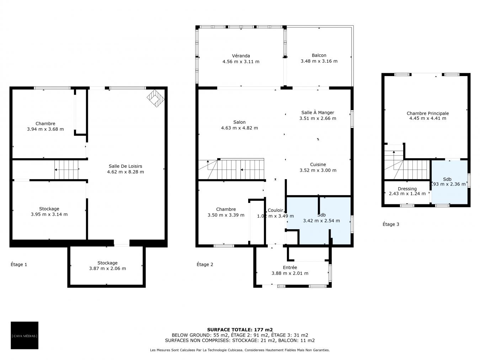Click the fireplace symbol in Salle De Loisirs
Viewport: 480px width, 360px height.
[155, 98]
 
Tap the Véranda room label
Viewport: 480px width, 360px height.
[241, 56]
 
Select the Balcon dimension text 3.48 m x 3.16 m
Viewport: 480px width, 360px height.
[319, 61]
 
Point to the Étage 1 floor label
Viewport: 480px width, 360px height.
[19, 264]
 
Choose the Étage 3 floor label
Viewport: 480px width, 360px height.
[391, 224]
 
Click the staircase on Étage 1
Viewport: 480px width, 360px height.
[66, 170]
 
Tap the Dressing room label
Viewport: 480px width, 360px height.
[407, 189]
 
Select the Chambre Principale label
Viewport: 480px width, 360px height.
[427, 113]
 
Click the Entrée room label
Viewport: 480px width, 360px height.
[290, 267]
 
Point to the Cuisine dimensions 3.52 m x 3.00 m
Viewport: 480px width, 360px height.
[318, 170]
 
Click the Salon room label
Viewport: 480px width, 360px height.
[239, 122]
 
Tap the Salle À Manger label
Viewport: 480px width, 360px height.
[318, 113]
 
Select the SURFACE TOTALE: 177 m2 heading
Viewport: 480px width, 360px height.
[240, 330]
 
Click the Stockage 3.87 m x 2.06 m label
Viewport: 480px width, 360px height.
[107, 265]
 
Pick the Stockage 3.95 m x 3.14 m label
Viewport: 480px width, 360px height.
[49, 211]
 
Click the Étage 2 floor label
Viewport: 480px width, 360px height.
[205, 264]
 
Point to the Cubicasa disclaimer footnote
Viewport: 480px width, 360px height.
[240, 350]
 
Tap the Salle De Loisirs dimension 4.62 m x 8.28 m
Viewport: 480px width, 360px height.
[125, 172]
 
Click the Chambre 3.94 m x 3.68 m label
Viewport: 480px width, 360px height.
[45, 127]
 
